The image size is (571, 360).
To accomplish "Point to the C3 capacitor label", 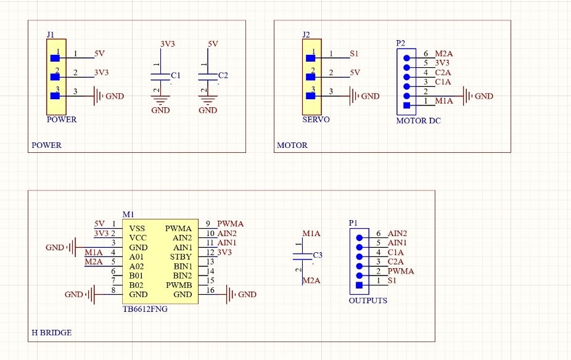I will click(318, 255).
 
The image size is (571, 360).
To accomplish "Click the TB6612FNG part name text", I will click(145, 309).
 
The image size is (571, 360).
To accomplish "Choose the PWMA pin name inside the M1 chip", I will click(178, 228).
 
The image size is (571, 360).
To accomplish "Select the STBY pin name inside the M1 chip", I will click(181, 256).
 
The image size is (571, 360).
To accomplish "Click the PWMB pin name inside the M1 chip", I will click(179, 285).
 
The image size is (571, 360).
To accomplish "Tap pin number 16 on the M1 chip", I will click(210, 290).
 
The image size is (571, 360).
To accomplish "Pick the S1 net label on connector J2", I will click(354, 54).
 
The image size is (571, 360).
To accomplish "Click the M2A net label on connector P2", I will click(444, 54).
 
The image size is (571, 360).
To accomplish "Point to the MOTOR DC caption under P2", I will click(418, 121).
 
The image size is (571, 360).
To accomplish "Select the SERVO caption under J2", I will click(316, 119).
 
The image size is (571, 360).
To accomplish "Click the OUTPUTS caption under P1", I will click(368, 300).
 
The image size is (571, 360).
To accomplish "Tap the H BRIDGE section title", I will click(51, 332).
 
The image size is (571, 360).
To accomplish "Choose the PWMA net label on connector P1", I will click(401, 271).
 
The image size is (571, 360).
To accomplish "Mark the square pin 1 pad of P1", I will click(359, 285).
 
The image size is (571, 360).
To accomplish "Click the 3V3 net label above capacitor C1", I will click(168, 44).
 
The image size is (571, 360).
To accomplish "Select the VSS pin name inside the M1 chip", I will click(138, 228).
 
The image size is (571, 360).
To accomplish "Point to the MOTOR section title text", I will click(292, 145).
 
